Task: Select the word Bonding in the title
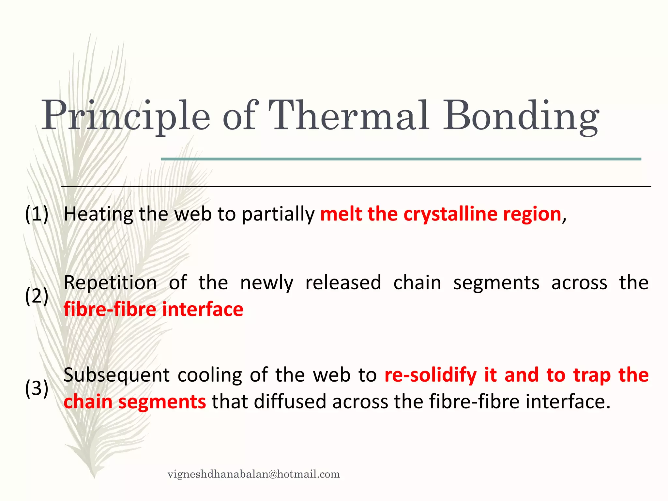point(521,117)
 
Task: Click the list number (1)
point(37,214)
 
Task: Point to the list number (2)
point(37,296)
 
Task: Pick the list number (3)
point(37,388)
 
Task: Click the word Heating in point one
point(98,214)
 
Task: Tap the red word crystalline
point(450,214)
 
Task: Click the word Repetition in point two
point(110,282)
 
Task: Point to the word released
point(343,282)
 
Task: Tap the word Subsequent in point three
point(116,375)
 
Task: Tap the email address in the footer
point(253,474)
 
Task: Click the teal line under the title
point(401,159)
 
